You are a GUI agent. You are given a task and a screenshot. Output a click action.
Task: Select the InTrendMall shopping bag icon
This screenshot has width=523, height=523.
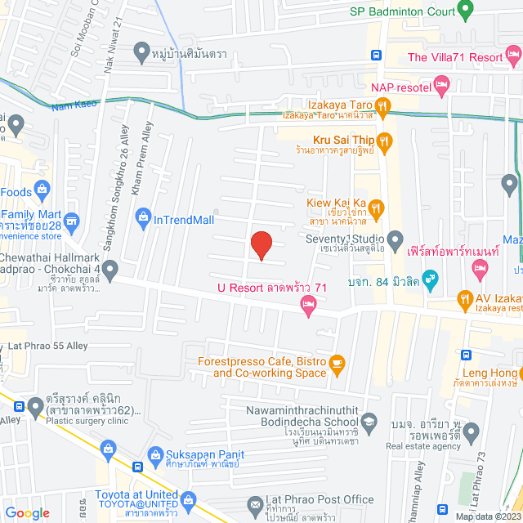pyautogui.click(x=143, y=218)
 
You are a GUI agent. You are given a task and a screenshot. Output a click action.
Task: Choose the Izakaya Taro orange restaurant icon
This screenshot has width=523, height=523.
pyautogui.click(x=382, y=105)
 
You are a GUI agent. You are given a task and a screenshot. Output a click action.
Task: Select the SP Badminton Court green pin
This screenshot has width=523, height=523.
pyautogui.click(x=466, y=11)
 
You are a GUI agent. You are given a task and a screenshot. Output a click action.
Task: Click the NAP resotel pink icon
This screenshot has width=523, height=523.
pyautogui.click(x=441, y=84)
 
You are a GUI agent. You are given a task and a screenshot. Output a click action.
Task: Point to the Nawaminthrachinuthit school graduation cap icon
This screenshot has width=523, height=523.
pyautogui.click(x=369, y=420)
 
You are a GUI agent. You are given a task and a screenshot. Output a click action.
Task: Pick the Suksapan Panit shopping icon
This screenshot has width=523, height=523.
pyautogui.click(x=109, y=448)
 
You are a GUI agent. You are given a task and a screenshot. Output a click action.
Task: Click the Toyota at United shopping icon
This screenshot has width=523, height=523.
pyautogui.click(x=190, y=499)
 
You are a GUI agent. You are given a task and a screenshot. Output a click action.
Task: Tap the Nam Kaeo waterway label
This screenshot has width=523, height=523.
pyautogui.click(x=74, y=104)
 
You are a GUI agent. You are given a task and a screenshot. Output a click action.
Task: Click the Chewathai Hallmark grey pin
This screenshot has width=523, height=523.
pyautogui.click(x=110, y=268)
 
